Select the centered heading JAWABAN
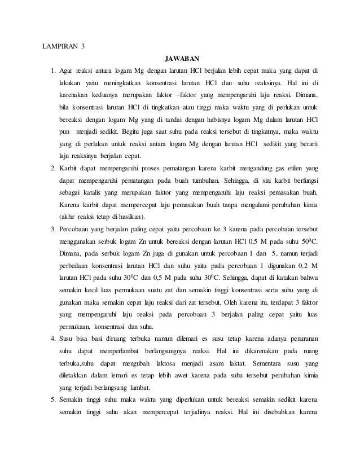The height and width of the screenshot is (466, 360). pos(181,58)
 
